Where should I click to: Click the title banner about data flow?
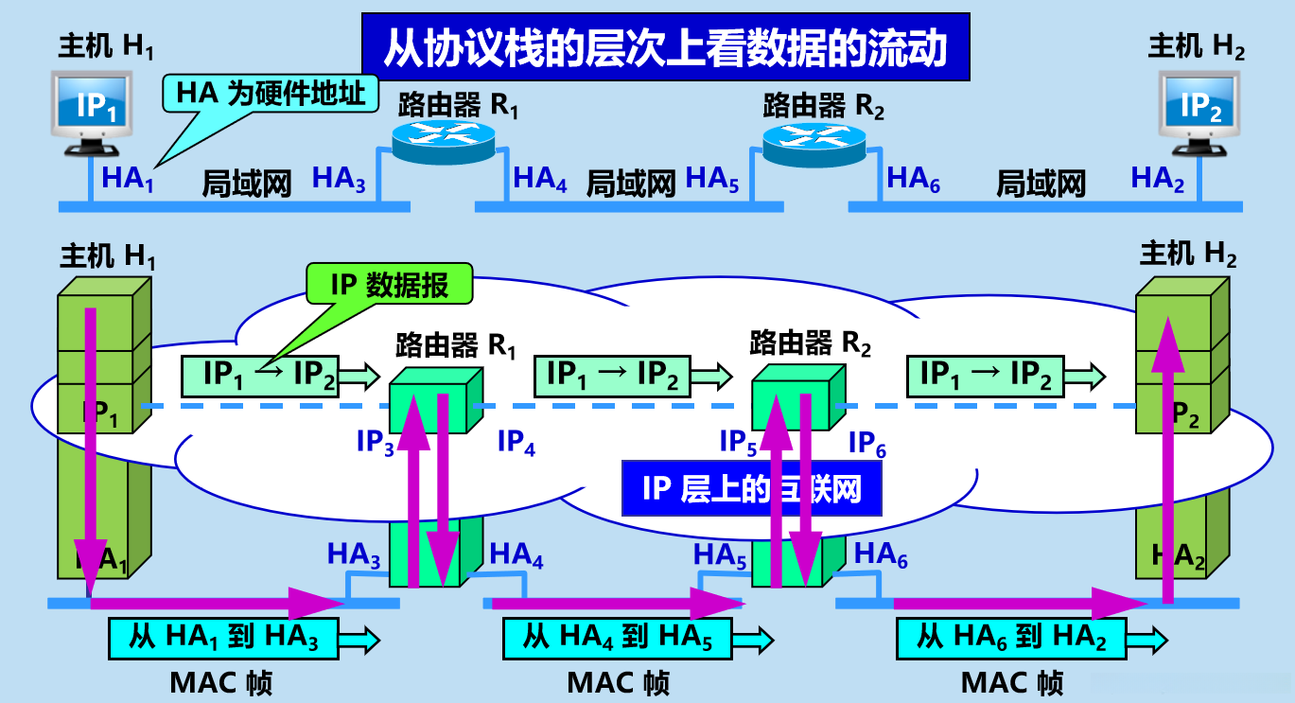coord(665,46)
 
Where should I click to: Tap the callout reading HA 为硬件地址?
coord(270,93)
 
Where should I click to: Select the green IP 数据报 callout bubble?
coord(389,283)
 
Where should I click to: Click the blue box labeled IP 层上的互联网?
coord(753,488)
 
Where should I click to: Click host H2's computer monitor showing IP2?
coord(1201,107)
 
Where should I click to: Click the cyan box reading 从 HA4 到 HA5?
coord(619,638)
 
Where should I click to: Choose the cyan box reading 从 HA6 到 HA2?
coord(1010,638)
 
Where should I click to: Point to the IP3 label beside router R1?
coord(375,443)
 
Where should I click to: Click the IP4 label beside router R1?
coord(516,443)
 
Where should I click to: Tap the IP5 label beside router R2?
coord(739,443)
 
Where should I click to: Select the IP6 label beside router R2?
coord(866,443)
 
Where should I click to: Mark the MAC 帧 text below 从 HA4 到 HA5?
coord(619,682)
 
